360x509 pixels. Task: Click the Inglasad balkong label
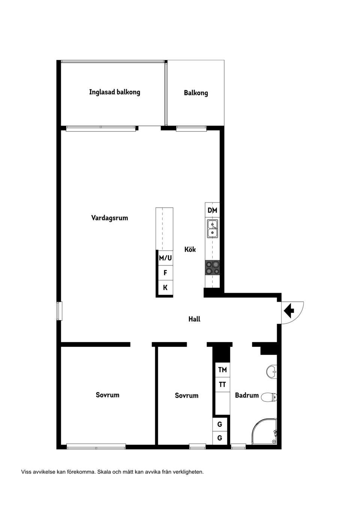(114, 92)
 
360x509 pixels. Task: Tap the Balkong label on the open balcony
(196, 93)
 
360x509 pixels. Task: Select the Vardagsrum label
(109, 218)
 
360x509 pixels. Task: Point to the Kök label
(190, 249)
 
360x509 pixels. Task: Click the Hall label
(194, 319)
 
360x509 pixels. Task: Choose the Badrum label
(247, 395)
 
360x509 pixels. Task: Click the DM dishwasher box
(212, 210)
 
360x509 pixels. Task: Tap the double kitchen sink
(213, 229)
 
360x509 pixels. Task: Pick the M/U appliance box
(165, 258)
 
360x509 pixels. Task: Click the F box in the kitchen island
(165, 273)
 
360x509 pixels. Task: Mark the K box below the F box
(165, 288)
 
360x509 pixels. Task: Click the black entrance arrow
(289, 310)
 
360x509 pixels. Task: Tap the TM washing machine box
(222, 370)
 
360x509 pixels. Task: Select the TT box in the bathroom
(222, 385)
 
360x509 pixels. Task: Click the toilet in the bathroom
(269, 397)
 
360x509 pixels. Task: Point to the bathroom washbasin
(271, 372)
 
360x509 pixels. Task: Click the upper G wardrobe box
(220, 424)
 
